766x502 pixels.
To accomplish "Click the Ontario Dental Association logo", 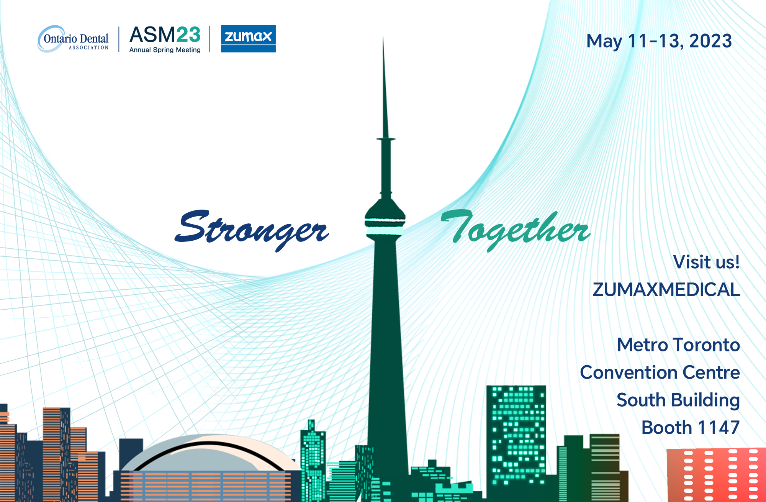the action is click(73, 39).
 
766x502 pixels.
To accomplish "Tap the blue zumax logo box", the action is click(248, 38).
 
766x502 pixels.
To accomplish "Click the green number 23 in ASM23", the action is click(188, 35).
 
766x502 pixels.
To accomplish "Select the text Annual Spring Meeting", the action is click(165, 50).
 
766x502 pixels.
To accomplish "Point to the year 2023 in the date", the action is click(710, 41).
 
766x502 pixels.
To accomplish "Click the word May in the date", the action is click(604, 42).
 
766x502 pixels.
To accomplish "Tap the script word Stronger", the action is click(251, 229).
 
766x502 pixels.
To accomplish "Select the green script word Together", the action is click(515, 230).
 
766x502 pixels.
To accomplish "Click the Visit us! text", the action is click(706, 262).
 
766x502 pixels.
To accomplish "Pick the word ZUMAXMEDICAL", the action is click(666, 290).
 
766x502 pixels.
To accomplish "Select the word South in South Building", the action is click(641, 400).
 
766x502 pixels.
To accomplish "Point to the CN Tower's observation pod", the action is click(385, 220).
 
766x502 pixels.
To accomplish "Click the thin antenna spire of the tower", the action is click(384, 88).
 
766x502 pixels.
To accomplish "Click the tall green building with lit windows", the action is click(516, 441).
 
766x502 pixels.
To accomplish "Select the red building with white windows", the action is click(716, 475).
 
